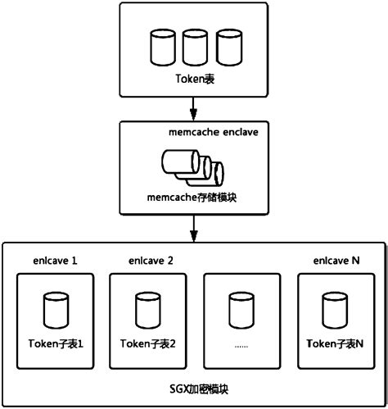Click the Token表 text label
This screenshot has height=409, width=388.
pyautogui.click(x=193, y=79)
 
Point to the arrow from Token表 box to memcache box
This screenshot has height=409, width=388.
pyautogui.click(x=194, y=107)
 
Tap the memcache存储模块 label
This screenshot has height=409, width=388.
pyautogui.click(x=195, y=198)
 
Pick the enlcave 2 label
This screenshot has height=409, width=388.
pyautogui.click(x=151, y=260)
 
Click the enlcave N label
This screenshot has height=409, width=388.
pyautogui.click(x=336, y=260)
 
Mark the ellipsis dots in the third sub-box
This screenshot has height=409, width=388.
pyautogui.click(x=241, y=345)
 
